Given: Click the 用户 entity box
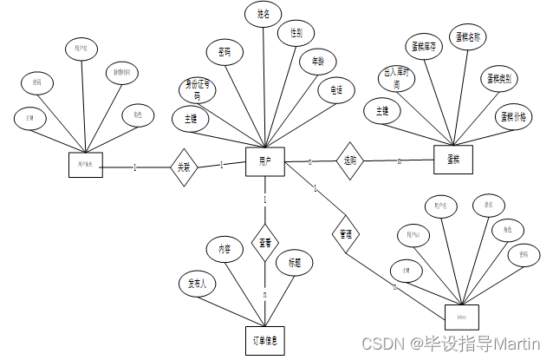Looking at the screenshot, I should click(x=265, y=160).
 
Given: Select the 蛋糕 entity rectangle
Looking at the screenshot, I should click(x=452, y=160).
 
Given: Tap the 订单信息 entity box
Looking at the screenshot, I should click(x=264, y=340).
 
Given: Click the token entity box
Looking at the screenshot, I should click(x=461, y=317).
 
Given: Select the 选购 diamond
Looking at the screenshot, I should click(x=350, y=161).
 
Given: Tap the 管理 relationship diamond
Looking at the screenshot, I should click(x=344, y=234).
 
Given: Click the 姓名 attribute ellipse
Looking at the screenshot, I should click(x=263, y=15).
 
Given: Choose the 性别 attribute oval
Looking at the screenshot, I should click(x=296, y=34).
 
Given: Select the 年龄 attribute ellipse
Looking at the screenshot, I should click(x=319, y=62).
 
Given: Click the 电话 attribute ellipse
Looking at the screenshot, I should click(x=335, y=88).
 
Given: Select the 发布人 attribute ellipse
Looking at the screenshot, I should click(x=198, y=283).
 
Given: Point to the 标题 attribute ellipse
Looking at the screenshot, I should click(x=294, y=262).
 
